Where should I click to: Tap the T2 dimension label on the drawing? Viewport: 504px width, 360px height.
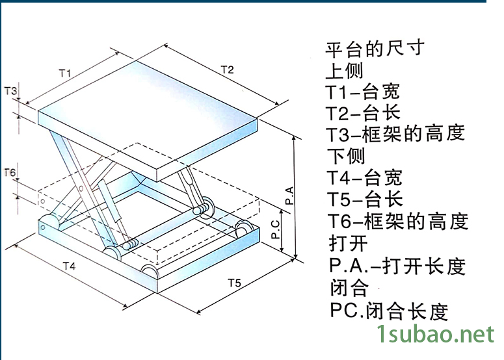(x=226, y=69)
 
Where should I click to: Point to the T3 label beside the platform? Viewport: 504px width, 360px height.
(x=11, y=91)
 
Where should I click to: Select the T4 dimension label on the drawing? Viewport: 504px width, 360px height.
(x=69, y=266)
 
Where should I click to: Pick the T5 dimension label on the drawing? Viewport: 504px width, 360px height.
(x=235, y=282)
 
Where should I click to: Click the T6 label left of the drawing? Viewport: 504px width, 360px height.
(x=10, y=172)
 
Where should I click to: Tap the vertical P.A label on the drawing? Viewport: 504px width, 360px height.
(x=290, y=195)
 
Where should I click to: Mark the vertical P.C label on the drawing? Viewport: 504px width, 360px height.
(x=276, y=229)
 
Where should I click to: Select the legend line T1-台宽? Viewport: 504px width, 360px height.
(x=363, y=92)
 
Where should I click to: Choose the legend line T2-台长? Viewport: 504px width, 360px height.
(x=363, y=113)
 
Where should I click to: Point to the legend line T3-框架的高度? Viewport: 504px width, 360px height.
(x=395, y=135)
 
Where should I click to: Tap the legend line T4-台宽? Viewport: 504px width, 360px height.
(x=364, y=177)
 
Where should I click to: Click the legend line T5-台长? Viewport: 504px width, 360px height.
(x=364, y=199)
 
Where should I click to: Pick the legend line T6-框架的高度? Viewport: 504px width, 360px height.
(x=397, y=221)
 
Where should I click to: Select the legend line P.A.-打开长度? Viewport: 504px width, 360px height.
(x=397, y=266)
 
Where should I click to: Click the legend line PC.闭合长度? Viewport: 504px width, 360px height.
(x=388, y=311)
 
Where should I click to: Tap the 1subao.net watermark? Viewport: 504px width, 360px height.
(x=436, y=335)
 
